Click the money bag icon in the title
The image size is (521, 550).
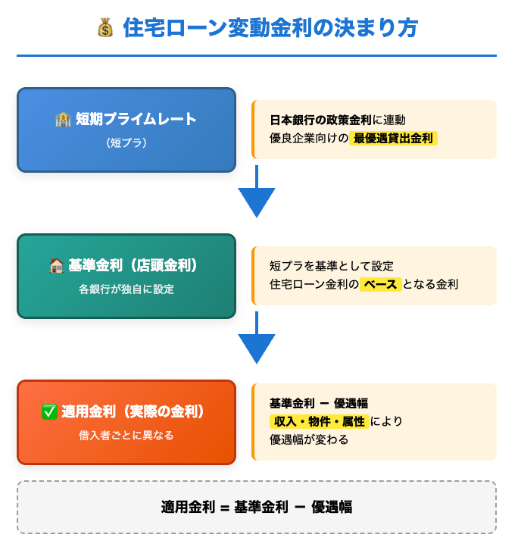(x=105, y=28)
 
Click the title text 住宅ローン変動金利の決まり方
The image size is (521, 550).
(x=270, y=28)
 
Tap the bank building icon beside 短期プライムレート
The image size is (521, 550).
(x=63, y=119)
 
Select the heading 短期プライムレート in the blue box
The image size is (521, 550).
(x=136, y=119)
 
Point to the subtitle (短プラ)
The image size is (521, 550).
(x=126, y=142)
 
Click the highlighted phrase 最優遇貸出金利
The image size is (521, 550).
(x=394, y=139)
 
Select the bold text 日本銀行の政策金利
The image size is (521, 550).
(x=321, y=120)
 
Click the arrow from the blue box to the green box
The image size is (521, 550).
(x=257, y=194)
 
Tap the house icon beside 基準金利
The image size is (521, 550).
(x=56, y=266)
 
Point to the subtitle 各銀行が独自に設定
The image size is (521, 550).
(x=126, y=289)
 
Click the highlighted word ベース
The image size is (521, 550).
(x=379, y=285)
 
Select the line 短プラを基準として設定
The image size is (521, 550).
(x=332, y=266)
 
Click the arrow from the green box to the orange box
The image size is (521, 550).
(x=257, y=341)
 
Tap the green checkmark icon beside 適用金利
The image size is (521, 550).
(x=49, y=412)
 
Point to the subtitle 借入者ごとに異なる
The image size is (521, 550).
(x=126, y=435)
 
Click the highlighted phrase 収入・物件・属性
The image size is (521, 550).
(x=318, y=421)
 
